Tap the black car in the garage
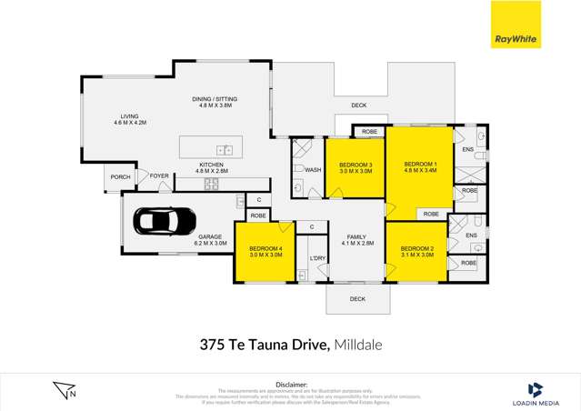coord(165,220)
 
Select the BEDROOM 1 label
coord(420,155)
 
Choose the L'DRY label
coord(317,259)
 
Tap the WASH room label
coord(313,170)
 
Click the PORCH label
coord(119,176)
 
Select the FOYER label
coord(159,175)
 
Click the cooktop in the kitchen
coord(211,183)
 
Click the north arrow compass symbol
coord(65,389)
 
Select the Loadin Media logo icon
coord(535,388)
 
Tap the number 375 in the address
coord(212,345)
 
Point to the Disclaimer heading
coord(291,384)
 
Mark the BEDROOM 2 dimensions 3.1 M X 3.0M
coord(416,256)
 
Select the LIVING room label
coord(130,115)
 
